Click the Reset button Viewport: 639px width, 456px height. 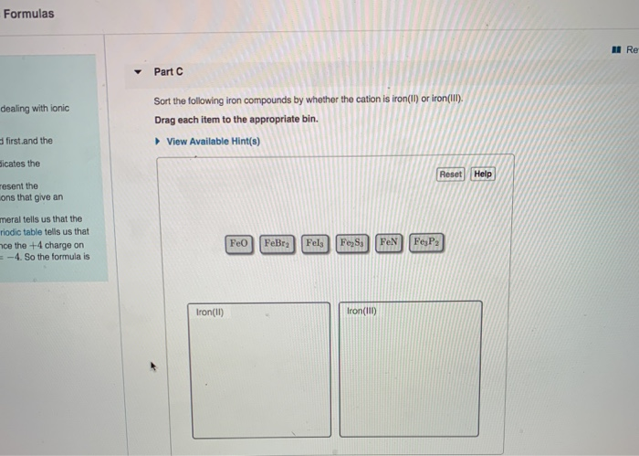451,174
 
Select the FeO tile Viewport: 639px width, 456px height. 239,244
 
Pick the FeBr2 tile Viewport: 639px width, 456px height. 277,244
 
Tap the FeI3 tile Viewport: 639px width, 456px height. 315,244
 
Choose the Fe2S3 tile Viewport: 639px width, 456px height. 352,244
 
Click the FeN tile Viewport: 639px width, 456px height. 389,244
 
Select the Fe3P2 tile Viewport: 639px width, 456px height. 427,244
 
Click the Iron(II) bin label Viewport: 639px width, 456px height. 210,313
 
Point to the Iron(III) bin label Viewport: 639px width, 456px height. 361,312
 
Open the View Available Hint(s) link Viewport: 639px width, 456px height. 213,142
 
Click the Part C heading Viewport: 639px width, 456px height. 168,71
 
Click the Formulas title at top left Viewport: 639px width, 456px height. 28,14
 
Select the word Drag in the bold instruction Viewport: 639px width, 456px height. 165,120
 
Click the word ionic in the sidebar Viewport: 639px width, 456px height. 59,109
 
